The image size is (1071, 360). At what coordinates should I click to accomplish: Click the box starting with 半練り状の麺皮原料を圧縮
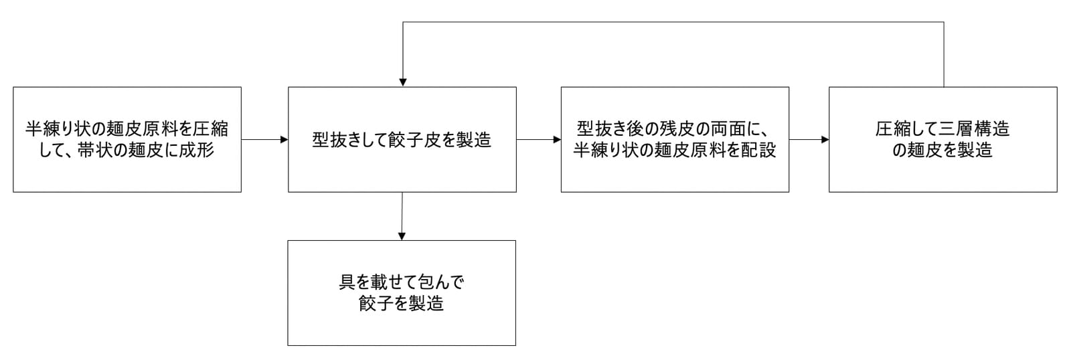point(127,140)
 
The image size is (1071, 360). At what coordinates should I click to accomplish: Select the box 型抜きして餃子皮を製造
point(402,140)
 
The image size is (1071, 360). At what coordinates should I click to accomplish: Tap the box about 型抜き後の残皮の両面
point(675,140)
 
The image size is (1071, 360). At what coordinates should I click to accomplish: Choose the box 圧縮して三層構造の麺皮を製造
point(943,140)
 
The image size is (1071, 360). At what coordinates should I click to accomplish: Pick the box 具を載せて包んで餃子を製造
point(402,293)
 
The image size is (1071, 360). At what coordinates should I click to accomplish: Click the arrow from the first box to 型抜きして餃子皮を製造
point(265,140)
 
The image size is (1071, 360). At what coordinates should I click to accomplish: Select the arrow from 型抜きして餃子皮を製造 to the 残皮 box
point(539,140)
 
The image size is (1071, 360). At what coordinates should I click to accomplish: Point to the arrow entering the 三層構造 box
point(809,140)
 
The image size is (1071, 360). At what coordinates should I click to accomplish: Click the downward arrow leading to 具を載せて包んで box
point(402,216)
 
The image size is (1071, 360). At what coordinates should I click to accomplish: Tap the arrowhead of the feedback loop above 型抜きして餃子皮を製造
point(402,82)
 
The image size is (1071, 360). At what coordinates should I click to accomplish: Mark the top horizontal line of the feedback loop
point(673,22)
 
